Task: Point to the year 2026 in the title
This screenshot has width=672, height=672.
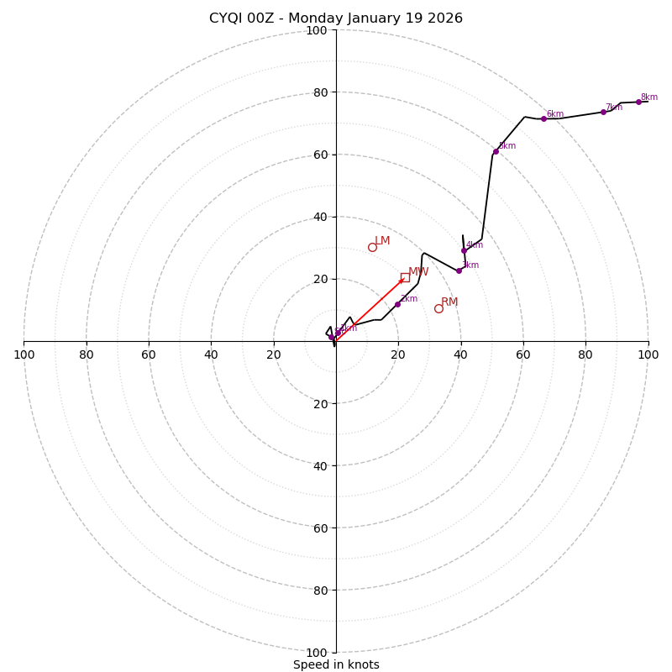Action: point(445,18)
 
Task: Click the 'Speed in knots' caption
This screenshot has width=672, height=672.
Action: point(336,664)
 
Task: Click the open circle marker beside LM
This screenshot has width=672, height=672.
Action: point(372,247)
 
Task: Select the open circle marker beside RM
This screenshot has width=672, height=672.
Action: point(438,308)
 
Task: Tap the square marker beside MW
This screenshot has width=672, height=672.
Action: point(405,277)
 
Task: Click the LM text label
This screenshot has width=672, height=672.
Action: point(382,241)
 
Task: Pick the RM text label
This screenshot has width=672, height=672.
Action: point(449,302)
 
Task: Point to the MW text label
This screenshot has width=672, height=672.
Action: point(418,272)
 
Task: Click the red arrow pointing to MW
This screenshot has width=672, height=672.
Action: point(370,309)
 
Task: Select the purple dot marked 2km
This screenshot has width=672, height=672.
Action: point(397,304)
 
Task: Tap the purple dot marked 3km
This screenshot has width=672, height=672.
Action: point(459,270)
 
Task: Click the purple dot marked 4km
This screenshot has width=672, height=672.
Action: point(464,250)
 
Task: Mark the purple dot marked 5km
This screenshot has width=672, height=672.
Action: point(496,151)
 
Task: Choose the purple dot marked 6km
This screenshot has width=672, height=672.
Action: point(543,118)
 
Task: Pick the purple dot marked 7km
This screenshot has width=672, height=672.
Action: point(603,112)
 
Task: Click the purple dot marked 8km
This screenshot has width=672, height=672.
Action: point(638,102)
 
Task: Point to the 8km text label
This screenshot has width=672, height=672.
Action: point(649,97)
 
